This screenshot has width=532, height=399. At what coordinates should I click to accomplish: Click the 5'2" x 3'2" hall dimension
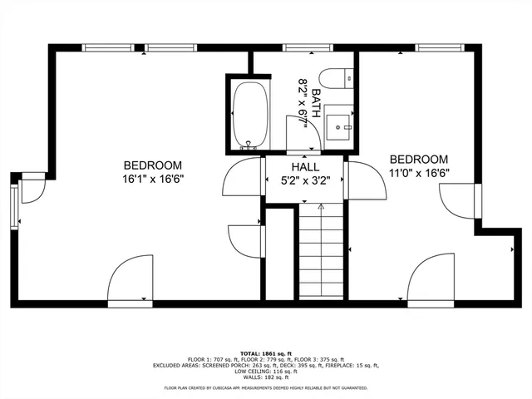(305, 179)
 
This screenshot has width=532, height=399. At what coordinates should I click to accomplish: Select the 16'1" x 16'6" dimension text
(153, 178)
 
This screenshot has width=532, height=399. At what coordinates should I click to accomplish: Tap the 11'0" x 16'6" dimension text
(419, 173)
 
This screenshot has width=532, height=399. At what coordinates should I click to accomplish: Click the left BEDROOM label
(153, 165)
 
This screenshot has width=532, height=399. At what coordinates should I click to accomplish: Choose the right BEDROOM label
(419, 160)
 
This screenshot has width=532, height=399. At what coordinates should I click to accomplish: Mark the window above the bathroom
(303, 47)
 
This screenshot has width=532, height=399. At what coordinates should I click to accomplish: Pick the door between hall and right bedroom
(366, 181)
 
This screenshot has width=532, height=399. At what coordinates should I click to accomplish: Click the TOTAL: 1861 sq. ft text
(266, 353)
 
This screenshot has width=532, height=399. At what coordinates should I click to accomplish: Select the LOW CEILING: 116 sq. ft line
(266, 371)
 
